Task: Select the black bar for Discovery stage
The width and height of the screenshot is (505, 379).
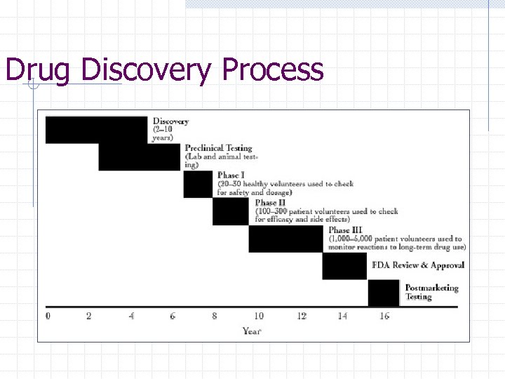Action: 96,130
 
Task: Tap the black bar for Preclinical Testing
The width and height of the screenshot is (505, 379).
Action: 139,157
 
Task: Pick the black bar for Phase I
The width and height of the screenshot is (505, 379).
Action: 197,184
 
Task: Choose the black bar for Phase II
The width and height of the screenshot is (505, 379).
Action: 230,211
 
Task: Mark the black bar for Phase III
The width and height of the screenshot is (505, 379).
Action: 285,239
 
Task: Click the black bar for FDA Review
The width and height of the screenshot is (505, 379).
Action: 344,266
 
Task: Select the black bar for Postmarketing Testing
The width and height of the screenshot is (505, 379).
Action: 383,293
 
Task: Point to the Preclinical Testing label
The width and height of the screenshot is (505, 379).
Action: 218,148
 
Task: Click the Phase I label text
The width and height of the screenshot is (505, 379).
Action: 231,175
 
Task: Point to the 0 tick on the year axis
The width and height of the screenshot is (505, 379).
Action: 48,317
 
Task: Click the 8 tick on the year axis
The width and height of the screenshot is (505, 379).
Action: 215,317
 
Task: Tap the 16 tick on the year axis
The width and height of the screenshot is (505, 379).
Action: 384,317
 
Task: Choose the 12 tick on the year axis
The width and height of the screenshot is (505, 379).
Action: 301,317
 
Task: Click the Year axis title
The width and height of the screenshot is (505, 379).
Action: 252,331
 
